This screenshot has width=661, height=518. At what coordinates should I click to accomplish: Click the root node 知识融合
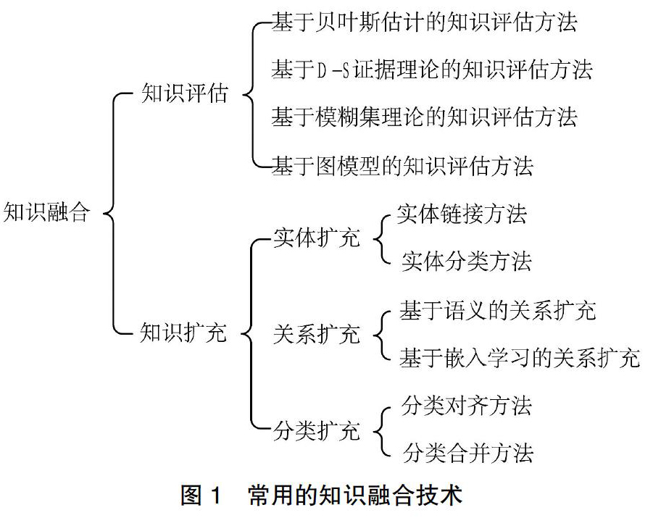(x=47, y=212)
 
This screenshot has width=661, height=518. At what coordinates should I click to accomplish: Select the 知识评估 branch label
(x=185, y=93)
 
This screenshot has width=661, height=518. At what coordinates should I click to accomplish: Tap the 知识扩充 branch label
(x=184, y=332)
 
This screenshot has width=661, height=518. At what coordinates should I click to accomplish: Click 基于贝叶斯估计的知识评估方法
(x=424, y=22)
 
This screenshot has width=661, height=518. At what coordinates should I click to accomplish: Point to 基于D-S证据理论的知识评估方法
(x=432, y=70)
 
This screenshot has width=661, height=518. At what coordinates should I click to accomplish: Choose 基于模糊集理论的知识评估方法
(x=424, y=117)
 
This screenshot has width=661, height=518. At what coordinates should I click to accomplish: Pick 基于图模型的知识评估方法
(x=402, y=166)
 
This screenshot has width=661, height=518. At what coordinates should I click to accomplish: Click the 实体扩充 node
(x=317, y=238)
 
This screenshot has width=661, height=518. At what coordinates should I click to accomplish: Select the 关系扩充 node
(x=317, y=334)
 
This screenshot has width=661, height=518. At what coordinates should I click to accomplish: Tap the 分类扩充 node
(x=317, y=431)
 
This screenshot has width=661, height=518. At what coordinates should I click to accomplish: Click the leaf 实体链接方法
(x=462, y=214)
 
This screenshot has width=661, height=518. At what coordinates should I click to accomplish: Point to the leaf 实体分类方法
(x=466, y=262)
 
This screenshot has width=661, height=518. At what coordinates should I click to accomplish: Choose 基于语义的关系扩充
(x=498, y=311)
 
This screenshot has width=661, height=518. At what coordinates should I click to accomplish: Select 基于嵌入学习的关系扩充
(x=520, y=358)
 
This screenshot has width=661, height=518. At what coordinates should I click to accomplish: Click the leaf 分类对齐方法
(x=466, y=406)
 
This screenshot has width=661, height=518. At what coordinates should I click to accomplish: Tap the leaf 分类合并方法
(x=468, y=453)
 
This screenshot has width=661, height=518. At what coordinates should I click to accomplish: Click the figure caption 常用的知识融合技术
(x=355, y=496)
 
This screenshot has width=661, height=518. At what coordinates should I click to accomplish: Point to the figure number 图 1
(x=201, y=496)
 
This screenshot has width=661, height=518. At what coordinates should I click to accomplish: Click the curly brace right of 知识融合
(x=114, y=213)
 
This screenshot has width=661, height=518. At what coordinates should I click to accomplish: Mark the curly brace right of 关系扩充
(x=382, y=336)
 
